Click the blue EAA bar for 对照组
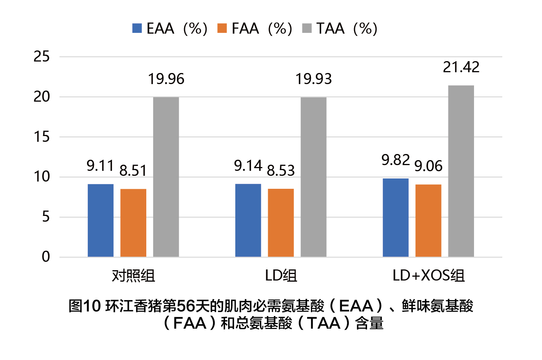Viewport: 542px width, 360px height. [x=100, y=220]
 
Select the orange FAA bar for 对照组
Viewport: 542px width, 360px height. [x=133, y=222]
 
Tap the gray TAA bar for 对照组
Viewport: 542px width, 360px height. [x=166, y=177]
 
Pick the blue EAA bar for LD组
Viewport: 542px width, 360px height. [x=248, y=220]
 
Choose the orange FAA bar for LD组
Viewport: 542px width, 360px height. [x=281, y=222]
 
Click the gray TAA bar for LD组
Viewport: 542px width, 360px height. [x=314, y=177]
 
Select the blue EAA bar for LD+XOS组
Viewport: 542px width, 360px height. [x=395, y=217]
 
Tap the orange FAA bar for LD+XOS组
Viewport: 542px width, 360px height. [x=428, y=221]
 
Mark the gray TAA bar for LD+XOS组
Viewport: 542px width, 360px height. [x=461, y=171]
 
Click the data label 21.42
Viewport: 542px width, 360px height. [x=461, y=67]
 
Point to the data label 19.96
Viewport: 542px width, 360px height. [x=166, y=79]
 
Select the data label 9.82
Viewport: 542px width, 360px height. [x=395, y=160]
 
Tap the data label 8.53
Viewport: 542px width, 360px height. [x=281, y=170]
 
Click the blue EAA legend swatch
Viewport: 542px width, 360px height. [x=137, y=28]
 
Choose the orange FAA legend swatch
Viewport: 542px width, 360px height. [x=222, y=28]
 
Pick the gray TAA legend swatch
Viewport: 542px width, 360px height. [x=307, y=28]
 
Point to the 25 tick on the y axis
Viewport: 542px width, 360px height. [x=42, y=57]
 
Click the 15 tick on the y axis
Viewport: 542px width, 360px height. [x=42, y=137]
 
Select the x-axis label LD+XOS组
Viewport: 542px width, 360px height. [x=429, y=276]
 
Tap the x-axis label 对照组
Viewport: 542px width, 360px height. [x=133, y=276]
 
